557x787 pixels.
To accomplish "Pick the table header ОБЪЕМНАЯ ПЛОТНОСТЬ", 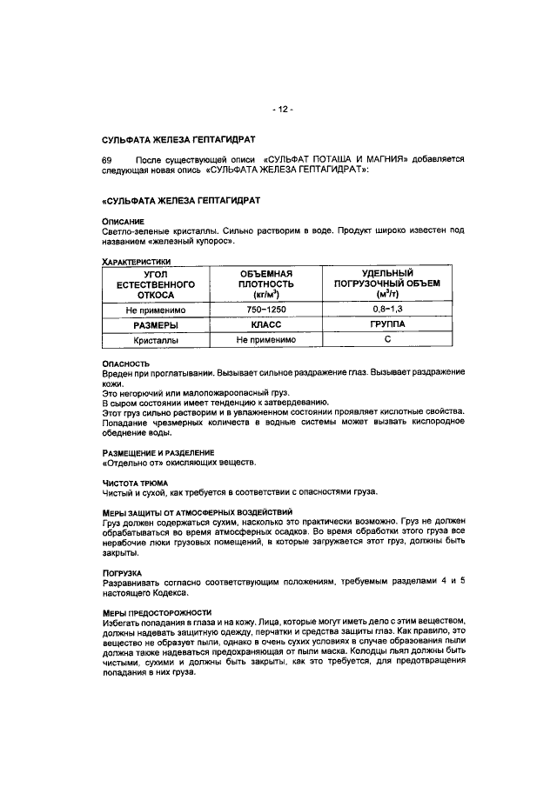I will (267, 283).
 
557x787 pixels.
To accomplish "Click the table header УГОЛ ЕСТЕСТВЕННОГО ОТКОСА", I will (158, 283).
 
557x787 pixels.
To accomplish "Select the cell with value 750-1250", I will (267, 309).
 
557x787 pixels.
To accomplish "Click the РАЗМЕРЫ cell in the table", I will (158, 323).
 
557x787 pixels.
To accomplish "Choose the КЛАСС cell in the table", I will (267, 323).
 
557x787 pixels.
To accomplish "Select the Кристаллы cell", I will (158, 339).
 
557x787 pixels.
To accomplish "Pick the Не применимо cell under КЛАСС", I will (267, 339).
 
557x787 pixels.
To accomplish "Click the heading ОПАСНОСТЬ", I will (126, 363).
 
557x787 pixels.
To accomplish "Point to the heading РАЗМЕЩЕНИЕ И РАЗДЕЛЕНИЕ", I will (158, 452).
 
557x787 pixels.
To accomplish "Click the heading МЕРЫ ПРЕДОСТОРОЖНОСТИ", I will (156, 613).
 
